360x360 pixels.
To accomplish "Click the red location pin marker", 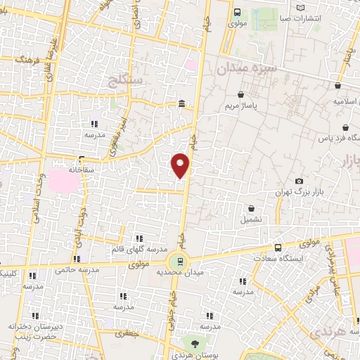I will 181,165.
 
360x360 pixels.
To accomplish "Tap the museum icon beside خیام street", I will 181,105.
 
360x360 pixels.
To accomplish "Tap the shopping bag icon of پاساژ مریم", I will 241,94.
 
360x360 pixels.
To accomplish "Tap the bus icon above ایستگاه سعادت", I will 278,247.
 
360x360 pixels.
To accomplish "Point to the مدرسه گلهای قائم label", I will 139,249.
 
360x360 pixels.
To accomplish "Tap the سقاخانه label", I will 82,169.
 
